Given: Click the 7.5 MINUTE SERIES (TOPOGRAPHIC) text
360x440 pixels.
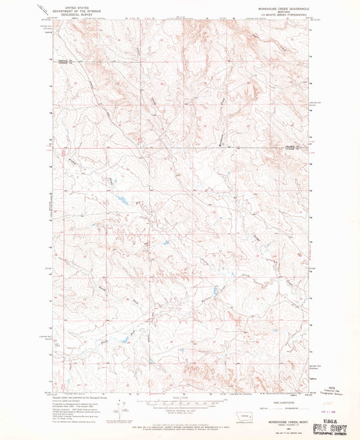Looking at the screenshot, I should pyautogui.click(x=290, y=16).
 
